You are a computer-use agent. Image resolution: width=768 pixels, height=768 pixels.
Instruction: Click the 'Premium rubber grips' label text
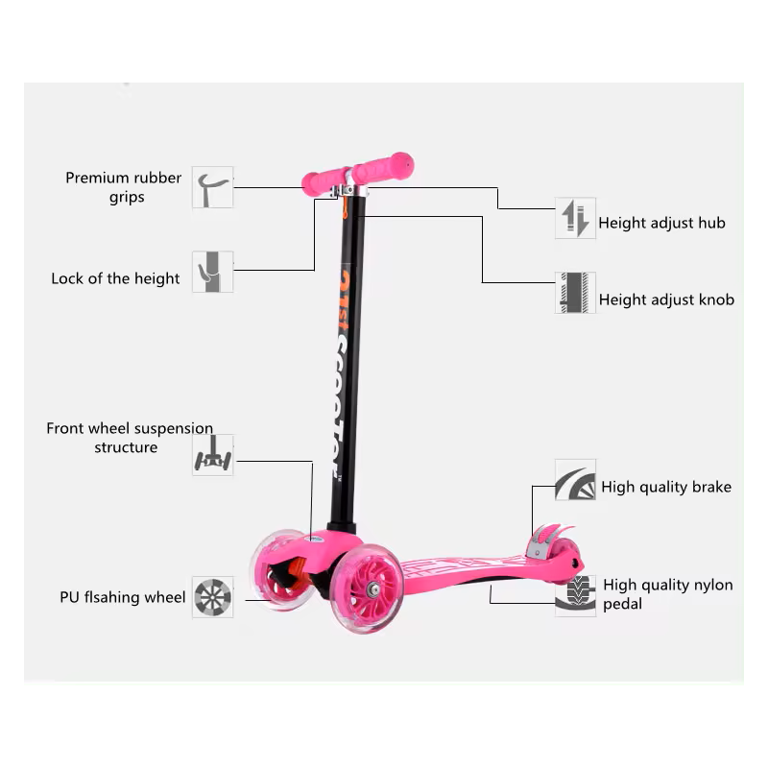coord(124,187)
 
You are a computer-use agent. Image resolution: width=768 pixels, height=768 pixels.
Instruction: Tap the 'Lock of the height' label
coord(115,278)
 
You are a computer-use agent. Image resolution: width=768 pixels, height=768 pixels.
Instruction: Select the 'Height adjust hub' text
coord(661,224)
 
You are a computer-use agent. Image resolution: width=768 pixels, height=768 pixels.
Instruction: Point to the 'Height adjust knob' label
coord(666,300)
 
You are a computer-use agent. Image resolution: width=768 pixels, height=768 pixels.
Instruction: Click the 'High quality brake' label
coord(666,488)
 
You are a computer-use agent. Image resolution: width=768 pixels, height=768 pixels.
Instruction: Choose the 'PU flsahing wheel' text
coord(123,597)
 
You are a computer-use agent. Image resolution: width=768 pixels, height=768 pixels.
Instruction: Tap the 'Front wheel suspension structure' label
coord(130,438)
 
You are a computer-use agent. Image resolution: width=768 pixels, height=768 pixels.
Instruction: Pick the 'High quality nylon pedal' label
coord(667,594)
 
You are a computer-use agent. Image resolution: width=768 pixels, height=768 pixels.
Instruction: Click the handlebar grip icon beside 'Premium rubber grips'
coord(212,187)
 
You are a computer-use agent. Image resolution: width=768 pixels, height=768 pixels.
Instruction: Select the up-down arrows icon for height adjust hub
coord(575,219)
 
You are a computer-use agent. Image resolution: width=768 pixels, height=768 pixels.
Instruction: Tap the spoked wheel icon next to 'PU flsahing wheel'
coord(212,597)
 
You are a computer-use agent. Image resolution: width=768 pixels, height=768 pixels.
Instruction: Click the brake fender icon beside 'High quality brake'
coord(575,480)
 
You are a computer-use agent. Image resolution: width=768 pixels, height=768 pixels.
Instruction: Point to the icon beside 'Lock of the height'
coord(212,272)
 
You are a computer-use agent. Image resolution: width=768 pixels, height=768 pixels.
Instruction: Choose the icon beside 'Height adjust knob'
coord(575,293)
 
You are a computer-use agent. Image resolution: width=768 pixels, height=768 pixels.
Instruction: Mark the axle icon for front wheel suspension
coord(212,455)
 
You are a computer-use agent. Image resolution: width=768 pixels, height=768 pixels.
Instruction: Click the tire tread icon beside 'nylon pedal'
coord(575,595)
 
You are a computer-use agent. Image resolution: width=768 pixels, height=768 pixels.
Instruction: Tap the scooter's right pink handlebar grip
coord(383,167)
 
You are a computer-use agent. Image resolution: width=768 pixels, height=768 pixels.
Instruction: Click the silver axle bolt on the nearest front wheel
coord(373,589)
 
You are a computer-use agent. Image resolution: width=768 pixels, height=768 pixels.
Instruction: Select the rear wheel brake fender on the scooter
coord(548,539)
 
